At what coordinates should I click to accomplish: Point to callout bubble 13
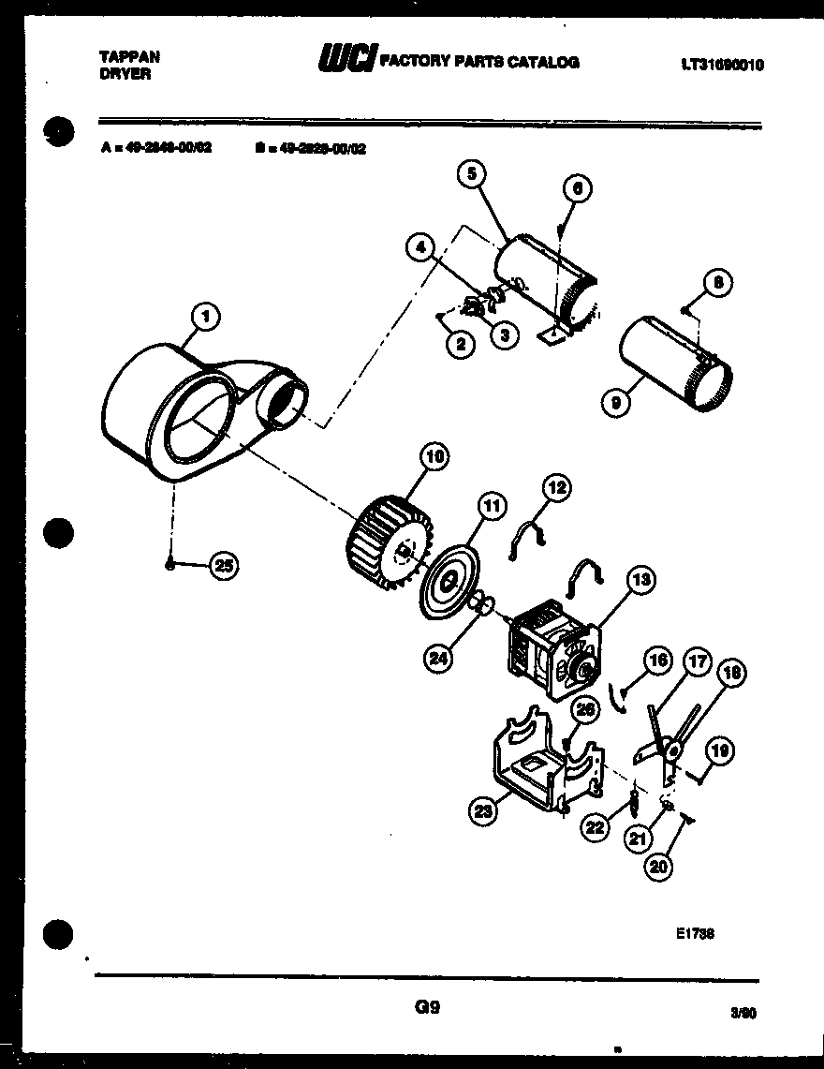(x=641, y=581)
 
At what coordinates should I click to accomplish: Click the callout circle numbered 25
(x=224, y=565)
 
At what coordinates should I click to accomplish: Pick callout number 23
(x=482, y=812)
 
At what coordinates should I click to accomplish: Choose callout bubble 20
(x=659, y=868)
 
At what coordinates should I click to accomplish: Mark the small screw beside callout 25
(x=169, y=564)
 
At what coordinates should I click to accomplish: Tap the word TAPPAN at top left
(x=129, y=56)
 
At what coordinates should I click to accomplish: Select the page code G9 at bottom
(x=426, y=1008)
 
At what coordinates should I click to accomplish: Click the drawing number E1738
(x=693, y=933)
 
